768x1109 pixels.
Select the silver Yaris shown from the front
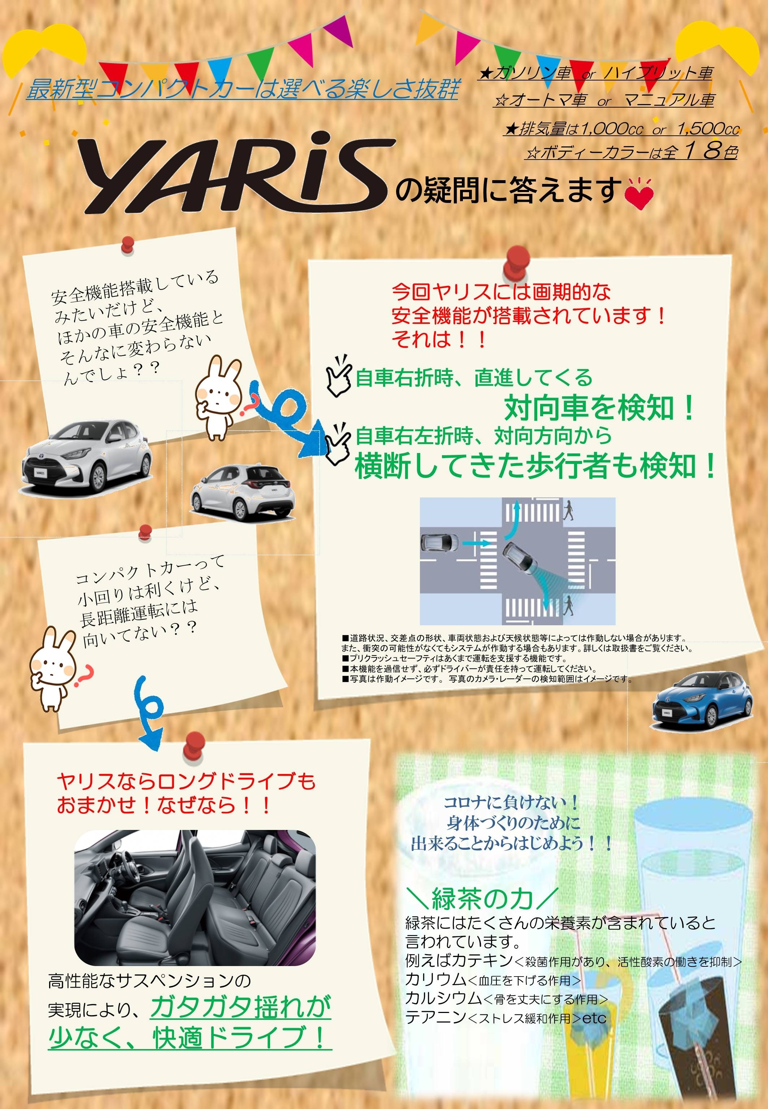point(87,457)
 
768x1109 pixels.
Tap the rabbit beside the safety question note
point(219,397)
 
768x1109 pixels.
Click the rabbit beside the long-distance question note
point(53,669)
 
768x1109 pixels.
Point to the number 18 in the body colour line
point(701,151)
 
